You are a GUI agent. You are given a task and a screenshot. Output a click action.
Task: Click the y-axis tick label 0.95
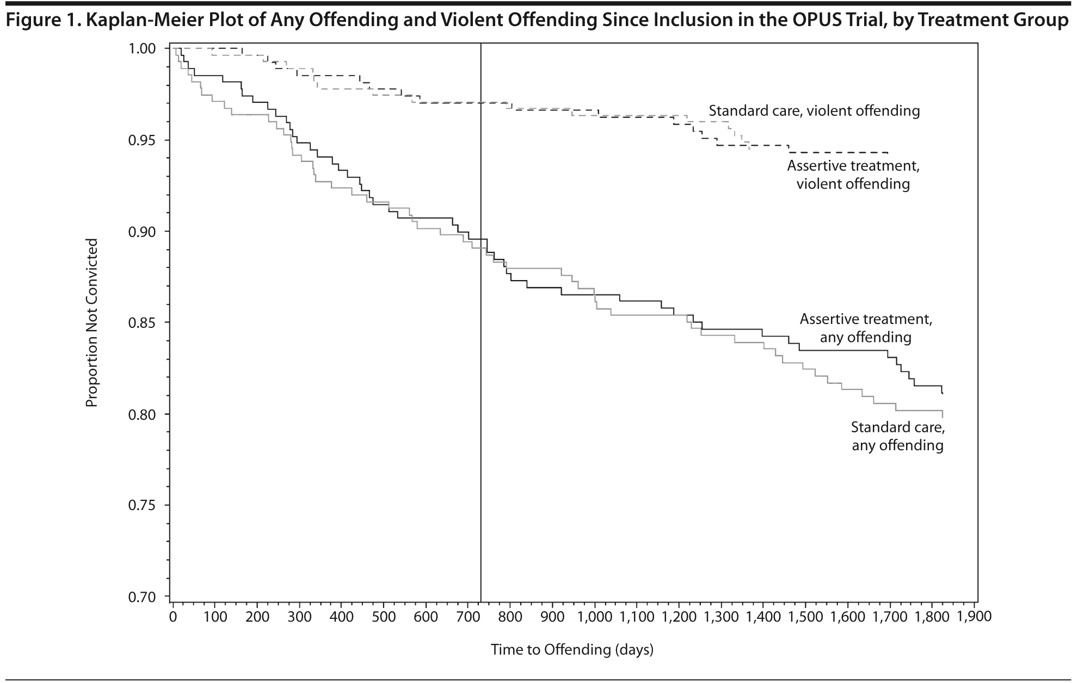click(x=141, y=140)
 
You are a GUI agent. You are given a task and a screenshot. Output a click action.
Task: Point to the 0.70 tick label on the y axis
click(x=141, y=597)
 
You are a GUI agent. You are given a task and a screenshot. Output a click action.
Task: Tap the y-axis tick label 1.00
click(x=141, y=49)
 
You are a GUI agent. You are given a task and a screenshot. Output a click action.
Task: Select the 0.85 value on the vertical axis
click(x=141, y=323)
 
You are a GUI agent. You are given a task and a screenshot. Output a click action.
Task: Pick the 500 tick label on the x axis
click(x=384, y=617)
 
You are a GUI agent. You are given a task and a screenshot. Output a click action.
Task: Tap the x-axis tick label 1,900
click(x=974, y=617)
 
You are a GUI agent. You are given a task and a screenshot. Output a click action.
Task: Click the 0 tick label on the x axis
click(x=173, y=617)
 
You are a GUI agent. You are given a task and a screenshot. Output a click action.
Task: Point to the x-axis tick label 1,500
click(x=805, y=617)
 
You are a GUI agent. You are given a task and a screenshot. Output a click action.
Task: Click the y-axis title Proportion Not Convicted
click(x=93, y=322)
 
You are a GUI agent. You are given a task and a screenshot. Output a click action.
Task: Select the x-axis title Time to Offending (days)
click(x=572, y=650)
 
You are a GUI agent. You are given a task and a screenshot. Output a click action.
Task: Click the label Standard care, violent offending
click(x=814, y=111)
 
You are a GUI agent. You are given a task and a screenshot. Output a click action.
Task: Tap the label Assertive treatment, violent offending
click(x=853, y=175)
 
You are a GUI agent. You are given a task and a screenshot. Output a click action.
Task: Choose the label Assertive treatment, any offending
click(x=866, y=328)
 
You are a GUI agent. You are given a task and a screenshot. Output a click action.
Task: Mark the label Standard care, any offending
click(x=898, y=436)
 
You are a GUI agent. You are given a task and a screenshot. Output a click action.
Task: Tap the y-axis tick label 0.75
click(x=141, y=506)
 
